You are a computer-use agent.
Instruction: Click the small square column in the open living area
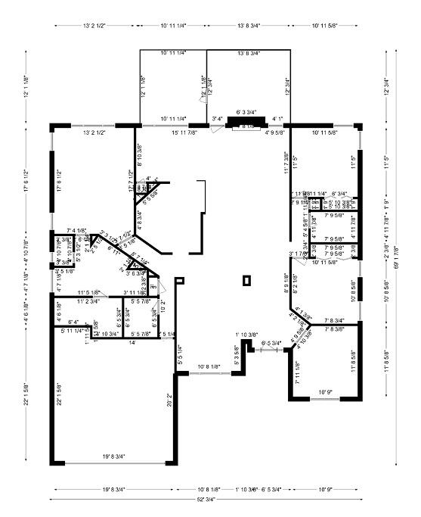[x=246, y=281]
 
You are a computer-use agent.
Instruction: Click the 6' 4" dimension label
[x=73, y=322]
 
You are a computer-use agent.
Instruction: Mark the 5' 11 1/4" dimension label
[x=73, y=331]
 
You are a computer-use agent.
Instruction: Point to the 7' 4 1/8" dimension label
[x=77, y=230]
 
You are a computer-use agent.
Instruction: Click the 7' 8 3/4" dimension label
[x=334, y=320]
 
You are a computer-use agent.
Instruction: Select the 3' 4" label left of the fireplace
[x=217, y=118]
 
